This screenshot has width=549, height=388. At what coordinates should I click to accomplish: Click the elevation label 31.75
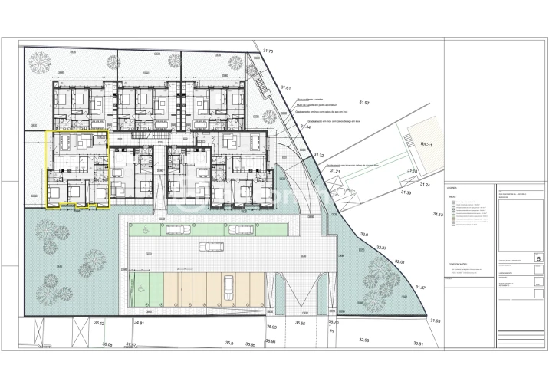(268, 51)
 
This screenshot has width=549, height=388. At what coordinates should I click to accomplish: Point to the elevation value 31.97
(364, 102)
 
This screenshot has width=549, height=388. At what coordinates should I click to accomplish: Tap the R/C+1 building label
(427, 144)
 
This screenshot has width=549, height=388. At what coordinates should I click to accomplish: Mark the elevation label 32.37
(381, 248)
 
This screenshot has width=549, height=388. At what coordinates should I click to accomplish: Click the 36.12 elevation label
(99, 324)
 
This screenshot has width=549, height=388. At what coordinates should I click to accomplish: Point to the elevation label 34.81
(139, 323)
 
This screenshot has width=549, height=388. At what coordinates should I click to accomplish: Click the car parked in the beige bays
(228, 286)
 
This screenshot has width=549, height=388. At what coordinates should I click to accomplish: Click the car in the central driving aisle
(209, 246)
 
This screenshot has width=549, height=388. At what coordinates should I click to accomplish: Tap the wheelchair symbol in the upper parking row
(143, 227)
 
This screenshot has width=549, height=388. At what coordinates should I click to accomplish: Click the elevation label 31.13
(439, 215)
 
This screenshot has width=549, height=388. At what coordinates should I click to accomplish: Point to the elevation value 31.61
(286, 88)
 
